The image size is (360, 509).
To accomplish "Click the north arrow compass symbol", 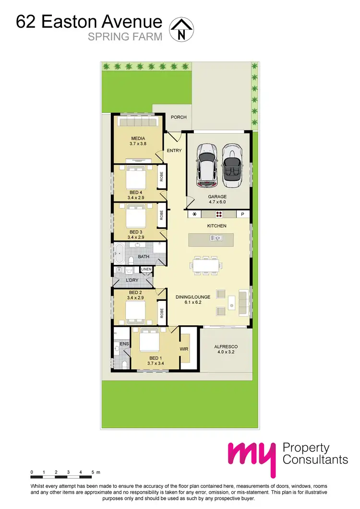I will click(180, 29).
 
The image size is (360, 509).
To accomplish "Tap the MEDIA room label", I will click(137, 139).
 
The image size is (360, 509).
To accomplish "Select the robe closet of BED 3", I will click(162, 215).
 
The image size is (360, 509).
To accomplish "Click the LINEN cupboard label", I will click(146, 270).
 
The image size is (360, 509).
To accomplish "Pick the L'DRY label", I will click(132, 280).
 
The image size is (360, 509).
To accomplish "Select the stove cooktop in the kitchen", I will click(219, 214).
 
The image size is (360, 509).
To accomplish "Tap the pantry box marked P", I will click(242, 214).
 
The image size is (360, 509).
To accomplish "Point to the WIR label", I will click(184, 349).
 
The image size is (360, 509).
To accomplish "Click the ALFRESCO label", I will click(226, 346).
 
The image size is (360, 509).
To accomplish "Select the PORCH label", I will click(179, 117).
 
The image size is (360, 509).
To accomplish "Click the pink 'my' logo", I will click(252, 455).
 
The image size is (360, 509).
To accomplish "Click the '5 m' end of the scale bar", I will click(94, 473).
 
